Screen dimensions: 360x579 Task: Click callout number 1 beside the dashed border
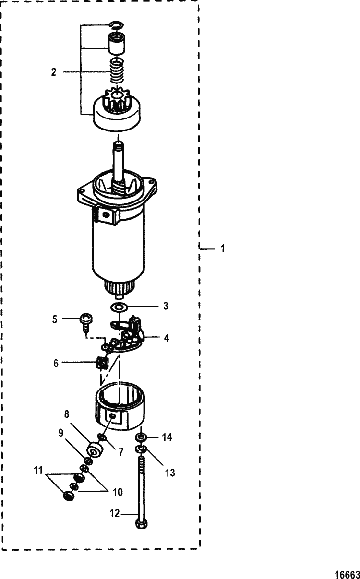(222, 248)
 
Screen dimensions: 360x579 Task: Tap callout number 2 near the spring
(54, 72)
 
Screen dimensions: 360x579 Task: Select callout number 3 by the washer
(166, 306)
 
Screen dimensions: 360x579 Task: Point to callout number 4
(166, 338)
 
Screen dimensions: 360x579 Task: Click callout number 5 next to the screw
(55, 319)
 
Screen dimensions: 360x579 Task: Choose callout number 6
(56, 364)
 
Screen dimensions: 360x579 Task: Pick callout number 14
(167, 437)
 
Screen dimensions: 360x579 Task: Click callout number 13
(170, 473)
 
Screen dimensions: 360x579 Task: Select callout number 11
(38, 471)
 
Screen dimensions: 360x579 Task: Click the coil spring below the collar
(117, 71)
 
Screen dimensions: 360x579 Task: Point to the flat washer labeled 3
(118, 307)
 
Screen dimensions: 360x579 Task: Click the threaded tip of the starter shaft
(119, 146)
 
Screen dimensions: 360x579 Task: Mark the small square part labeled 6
(102, 364)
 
